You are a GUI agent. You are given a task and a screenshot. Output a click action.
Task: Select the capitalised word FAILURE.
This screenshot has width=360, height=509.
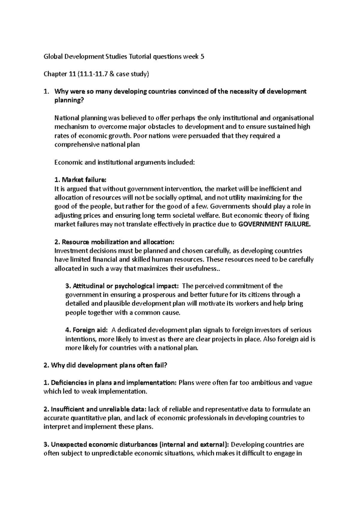(x=297, y=224)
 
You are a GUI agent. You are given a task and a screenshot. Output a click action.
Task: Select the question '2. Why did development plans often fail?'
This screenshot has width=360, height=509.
(x=109, y=365)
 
